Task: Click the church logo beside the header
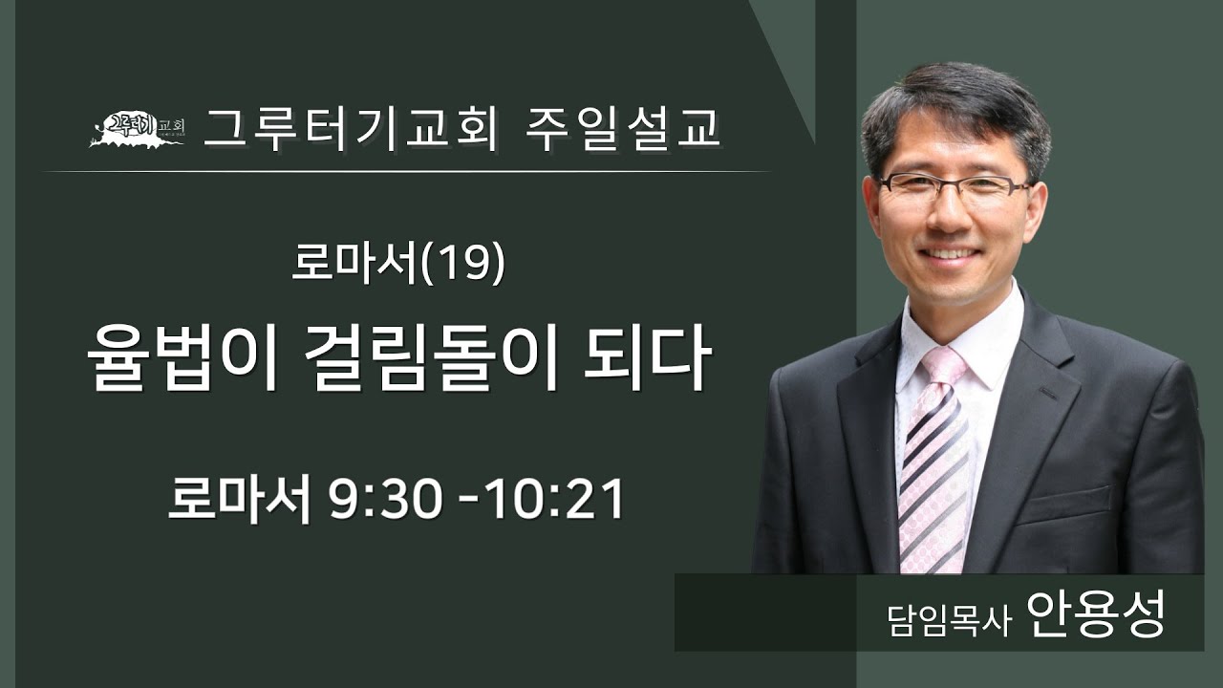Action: tap(137, 131)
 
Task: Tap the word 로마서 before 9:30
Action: tap(239, 500)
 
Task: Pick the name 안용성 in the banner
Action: tap(1096, 612)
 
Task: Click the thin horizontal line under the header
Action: tap(407, 171)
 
